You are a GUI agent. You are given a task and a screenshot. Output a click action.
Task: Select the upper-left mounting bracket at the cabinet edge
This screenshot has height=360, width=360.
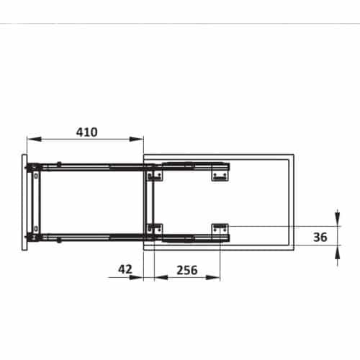point(152,175)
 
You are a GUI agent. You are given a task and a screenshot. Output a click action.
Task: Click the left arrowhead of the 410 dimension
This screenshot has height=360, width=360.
point(30,140)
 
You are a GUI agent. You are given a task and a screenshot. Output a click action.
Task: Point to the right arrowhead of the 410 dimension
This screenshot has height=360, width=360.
point(140,140)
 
